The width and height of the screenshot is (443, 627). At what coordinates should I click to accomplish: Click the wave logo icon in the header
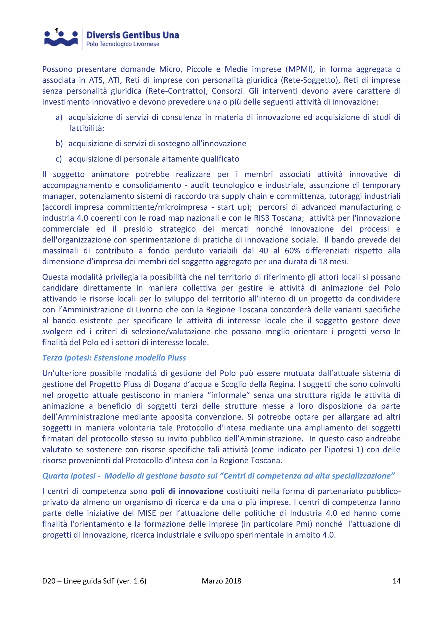click(x=61, y=39)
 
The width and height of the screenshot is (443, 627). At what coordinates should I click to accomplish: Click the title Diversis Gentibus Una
click(x=133, y=35)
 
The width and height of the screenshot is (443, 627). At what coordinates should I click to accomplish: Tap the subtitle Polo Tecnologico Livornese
click(x=123, y=44)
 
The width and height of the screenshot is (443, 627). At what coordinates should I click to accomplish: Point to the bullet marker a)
click(x=59, y=117)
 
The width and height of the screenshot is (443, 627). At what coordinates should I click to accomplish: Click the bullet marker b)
click(x=59, y=144)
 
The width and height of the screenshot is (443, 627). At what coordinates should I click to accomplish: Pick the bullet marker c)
click(x=59, y=159)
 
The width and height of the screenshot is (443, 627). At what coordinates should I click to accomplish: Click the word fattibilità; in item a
click(x=87, y=128)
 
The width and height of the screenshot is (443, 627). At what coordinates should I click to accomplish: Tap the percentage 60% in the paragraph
click(x=292, y=251)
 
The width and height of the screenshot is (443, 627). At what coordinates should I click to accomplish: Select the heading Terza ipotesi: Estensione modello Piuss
click(x=114, y=358)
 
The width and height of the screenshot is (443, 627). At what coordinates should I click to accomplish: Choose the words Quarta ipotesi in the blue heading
click(x=69, y=476)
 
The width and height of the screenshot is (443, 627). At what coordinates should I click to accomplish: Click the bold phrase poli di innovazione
click(x=187, y=491)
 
